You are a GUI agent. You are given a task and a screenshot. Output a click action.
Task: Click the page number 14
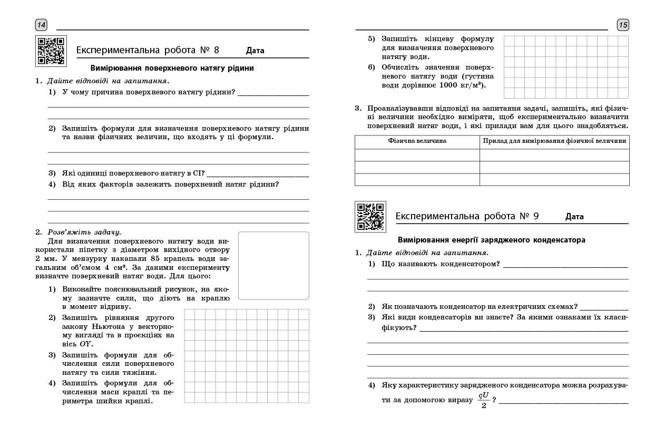41,25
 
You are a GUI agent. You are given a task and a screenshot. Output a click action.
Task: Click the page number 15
623,25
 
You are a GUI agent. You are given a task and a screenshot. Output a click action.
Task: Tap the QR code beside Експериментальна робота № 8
51,51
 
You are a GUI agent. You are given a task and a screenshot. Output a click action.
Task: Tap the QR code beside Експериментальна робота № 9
370,216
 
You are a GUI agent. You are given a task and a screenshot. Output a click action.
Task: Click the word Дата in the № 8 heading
255,51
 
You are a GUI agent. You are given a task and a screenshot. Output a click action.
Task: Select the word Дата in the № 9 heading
574,217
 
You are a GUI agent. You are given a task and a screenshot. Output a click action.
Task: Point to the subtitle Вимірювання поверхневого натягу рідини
172,68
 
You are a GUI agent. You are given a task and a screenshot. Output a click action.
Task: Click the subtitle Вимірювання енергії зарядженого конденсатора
491,240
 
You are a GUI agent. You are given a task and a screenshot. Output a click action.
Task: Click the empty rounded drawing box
274,265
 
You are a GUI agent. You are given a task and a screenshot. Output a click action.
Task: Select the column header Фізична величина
417,141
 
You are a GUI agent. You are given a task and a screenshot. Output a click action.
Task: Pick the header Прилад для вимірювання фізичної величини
554,141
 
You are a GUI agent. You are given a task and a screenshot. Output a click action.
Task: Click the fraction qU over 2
484,400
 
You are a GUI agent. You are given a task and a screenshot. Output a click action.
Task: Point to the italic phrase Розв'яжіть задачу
84,231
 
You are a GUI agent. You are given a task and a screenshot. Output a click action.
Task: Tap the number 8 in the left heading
216,50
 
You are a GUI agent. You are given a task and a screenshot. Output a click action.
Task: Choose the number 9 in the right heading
536,216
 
